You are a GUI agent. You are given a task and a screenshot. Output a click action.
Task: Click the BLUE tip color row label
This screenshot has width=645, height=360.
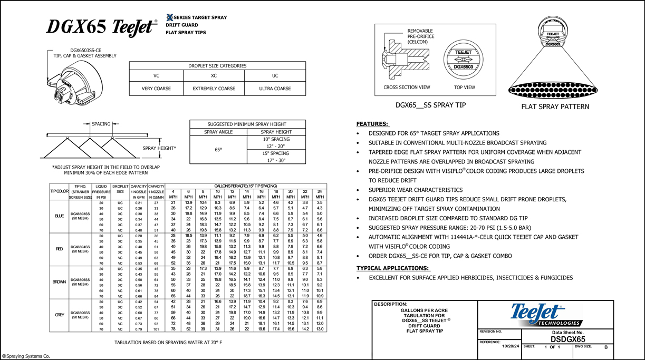tap(59, 216)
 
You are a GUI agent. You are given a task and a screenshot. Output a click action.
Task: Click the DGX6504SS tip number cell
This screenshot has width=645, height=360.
tap(81, 246)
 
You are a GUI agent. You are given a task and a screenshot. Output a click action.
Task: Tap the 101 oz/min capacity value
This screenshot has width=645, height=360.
tap(156, 329)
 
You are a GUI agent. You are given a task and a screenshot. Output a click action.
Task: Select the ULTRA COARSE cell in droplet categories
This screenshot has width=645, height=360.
tap(275, 89)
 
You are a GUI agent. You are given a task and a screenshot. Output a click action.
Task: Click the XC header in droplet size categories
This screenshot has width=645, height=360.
tap(217, 75)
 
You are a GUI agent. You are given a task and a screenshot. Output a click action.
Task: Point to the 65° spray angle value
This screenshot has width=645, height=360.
tap(217, 150)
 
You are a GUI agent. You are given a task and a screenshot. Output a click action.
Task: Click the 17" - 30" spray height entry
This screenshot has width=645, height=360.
tap(276, 160)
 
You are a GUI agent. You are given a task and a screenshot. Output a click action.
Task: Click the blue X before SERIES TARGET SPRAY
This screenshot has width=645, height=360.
tap(169, 17)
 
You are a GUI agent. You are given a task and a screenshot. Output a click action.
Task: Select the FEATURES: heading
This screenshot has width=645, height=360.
tap(373, 124)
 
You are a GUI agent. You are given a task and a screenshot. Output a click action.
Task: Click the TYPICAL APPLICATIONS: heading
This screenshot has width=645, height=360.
tap(393, 268)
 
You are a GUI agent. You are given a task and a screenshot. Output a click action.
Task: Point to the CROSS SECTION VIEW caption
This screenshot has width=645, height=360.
tap(407, 87)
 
